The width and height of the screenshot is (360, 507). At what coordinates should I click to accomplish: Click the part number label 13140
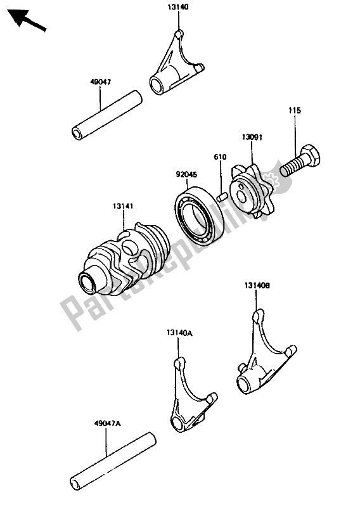point(178,6)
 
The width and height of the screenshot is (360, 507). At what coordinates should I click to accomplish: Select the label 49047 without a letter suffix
point(100,82)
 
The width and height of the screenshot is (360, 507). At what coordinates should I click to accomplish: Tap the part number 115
point(295,110)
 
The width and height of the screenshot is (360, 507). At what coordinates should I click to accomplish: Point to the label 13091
point(251,138)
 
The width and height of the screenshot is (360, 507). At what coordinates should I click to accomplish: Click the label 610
point(220,157)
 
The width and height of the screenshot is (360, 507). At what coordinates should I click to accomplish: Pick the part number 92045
point(186,175)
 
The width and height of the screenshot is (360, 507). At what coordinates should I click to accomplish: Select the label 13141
point(123,206)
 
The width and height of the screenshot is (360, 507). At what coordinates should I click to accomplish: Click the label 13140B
point(257,286)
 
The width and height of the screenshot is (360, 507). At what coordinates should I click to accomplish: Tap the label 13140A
point(179,333)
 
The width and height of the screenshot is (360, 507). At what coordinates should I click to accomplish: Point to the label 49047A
point(108,423)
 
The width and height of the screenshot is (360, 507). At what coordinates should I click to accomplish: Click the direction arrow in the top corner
point(27,20)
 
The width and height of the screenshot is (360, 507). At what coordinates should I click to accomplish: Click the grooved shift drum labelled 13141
point(124,258)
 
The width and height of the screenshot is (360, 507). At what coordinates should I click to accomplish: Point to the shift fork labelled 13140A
point(191,394)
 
